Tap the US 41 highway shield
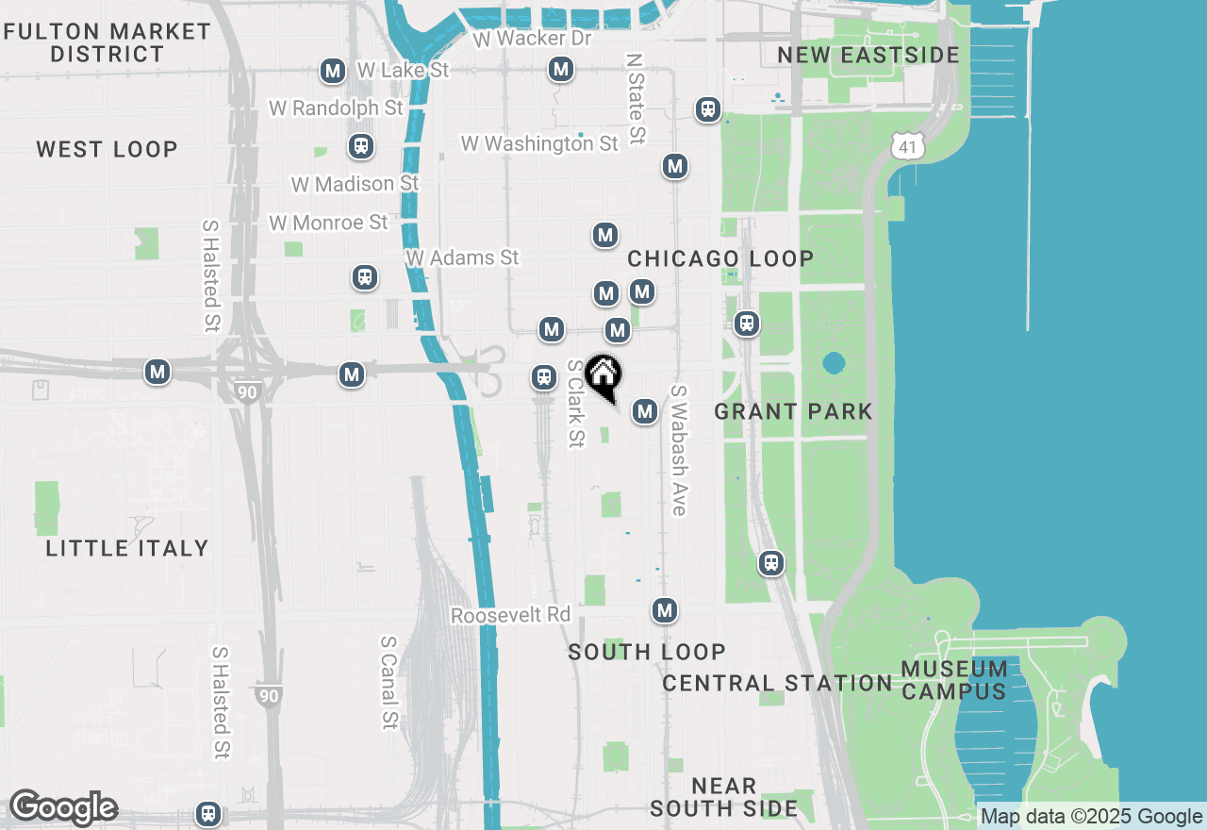click(x=905, y=144)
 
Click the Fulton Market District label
click(x=107, y=42)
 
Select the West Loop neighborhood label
click(x=107, y=149)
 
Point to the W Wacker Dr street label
click(x=532, y=39)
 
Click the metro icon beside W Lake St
click(x=332, y=71)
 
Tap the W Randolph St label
click(x=336, y=108)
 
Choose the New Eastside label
click(x=868, y=55)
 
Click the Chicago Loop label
click(x=720, y=258)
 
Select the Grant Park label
click(x=793, y=411)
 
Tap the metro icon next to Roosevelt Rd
click(x=665, y=610)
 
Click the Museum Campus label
click(x=953, y=680)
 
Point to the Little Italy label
click(x=126, y=548)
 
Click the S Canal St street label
click(x=389, y=681)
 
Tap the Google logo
click(x=62, y=808)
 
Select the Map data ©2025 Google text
click(x=1091, y=817)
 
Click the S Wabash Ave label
click(x=677, y=450)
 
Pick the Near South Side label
click(x=723, y=797)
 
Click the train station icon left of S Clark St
click(x=543, y=377)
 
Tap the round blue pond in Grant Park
click(x=834, y=363)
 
